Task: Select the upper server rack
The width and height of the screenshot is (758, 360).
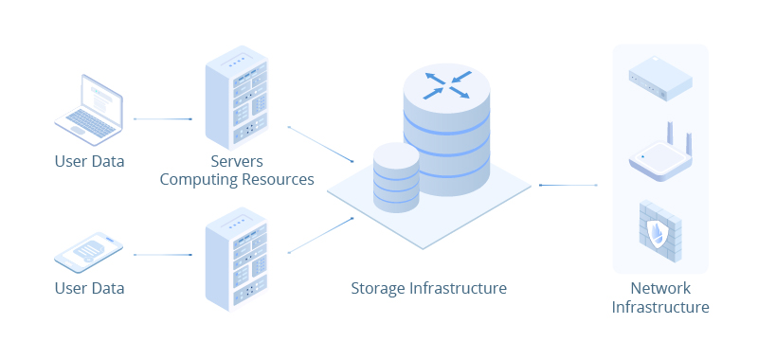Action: click(236, 98)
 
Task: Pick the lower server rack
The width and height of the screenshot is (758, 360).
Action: click(236, 261)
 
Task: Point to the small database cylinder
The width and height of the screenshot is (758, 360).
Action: click(396, 178)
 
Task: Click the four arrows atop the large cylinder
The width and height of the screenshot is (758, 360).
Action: click(446, 84)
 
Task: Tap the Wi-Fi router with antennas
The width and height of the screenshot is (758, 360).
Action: click(660, 157)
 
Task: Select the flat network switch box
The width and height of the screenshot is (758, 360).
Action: click(659, 78)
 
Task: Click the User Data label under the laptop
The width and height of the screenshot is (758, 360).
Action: click(89, 161)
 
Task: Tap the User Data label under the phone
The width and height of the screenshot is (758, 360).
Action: click(89, 288)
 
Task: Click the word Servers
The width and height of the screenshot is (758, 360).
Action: click(236, 161)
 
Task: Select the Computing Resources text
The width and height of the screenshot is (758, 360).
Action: click(236, 179)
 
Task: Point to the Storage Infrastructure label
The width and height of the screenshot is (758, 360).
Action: click(428, 288)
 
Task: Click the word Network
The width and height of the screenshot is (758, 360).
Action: click(660, 288)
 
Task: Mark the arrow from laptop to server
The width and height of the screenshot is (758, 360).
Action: click(163, 119)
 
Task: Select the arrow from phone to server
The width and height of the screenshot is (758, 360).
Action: click(163, 255)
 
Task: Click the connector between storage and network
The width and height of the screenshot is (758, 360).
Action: click(568, 185)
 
